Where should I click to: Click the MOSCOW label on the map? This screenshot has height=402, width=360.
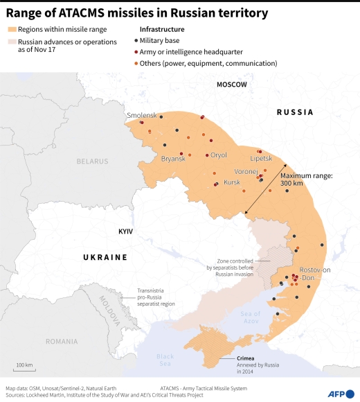[231, 84]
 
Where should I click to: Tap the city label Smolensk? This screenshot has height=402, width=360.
[142, 114]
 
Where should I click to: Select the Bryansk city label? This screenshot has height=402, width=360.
[173, 159]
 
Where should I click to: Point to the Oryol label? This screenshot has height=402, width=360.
[218, 155]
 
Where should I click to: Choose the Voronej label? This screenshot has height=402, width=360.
[246, 171]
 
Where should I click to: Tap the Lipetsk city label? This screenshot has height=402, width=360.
[261, 159]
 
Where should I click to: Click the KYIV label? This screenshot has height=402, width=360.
[125, 231]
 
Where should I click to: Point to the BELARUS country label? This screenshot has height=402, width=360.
[93, 161]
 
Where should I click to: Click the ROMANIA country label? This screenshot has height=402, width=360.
[62, 341]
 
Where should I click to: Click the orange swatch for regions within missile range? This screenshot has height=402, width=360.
[12, 29]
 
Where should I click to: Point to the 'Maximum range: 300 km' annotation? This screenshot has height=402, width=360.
[306, 180]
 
